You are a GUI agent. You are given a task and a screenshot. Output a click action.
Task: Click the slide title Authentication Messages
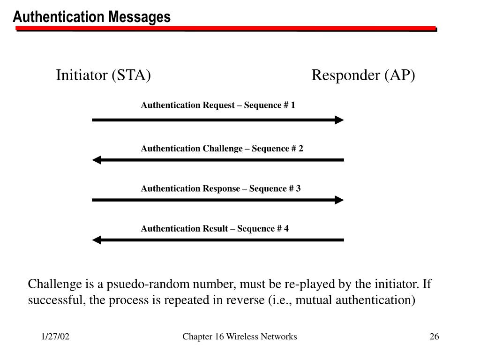92,17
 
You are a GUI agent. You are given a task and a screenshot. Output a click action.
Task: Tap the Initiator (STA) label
103,75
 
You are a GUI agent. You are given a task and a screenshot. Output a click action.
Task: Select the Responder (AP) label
363,75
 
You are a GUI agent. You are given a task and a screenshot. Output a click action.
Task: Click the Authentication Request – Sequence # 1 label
218,105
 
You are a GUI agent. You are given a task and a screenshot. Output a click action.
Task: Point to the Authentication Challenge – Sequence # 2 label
222,149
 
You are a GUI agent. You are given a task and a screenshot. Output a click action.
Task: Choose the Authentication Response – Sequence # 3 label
221,188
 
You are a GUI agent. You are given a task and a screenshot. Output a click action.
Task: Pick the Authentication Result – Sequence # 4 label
215,229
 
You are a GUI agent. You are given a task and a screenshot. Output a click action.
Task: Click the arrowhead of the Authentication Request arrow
339,120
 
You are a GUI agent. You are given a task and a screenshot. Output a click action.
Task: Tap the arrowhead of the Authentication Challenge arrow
97,160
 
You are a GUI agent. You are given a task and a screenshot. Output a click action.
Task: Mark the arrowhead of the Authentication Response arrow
339,200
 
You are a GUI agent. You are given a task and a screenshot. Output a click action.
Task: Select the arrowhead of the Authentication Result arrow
97,240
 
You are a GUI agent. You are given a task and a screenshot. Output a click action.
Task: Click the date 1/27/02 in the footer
55,337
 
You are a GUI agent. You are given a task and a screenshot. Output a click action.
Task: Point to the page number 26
434,337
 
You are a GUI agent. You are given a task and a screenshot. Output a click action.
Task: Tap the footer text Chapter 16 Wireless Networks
240,337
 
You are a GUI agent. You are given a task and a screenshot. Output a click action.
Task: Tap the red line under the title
225,29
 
